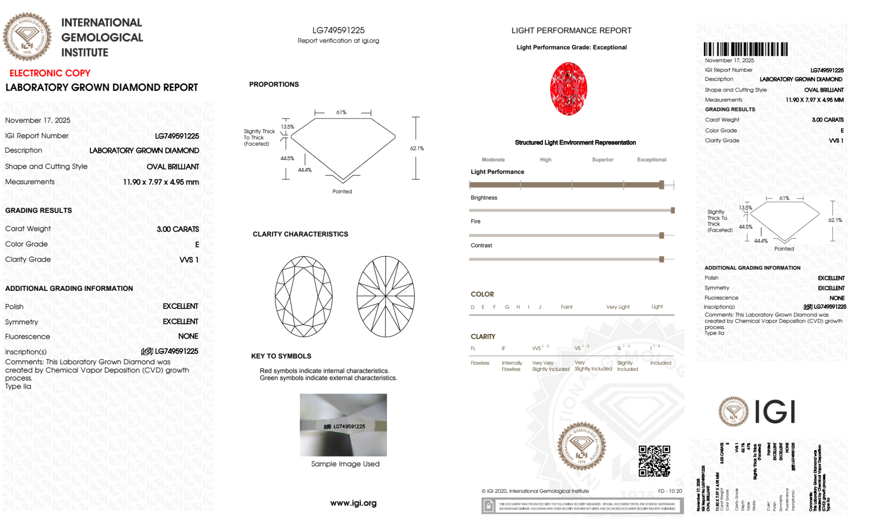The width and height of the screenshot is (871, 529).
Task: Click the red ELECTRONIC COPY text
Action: click(50, 73)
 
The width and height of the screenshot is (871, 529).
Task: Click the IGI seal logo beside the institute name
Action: click(27, 37)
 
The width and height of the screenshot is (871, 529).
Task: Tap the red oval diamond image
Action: click(568, 89)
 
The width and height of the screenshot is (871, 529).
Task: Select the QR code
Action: click(654, 461)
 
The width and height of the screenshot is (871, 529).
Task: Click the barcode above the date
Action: click(745, 49)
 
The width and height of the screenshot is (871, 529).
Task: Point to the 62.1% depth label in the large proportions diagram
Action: click(417, 148)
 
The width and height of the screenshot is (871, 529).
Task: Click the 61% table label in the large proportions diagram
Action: click(341, 112)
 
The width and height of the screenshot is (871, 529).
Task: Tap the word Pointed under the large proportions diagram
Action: click(342, 192)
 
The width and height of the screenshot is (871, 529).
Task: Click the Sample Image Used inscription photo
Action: click(343, 425)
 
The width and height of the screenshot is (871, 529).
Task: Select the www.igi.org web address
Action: click(353, 503)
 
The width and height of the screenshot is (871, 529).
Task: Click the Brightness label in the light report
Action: click(484, 198)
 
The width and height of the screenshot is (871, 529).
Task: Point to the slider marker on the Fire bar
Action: click(661, 236)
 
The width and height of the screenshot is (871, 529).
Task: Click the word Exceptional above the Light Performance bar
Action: click(651, 160)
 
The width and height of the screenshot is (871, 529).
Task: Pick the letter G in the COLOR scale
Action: click(507, 307)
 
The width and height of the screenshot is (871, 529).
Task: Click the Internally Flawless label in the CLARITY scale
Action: click(511, 366)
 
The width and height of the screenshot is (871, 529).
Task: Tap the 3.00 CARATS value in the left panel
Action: click(178, 229)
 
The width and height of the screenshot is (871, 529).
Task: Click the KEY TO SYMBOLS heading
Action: click(281, 356)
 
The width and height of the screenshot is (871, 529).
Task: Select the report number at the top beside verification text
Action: click(338, 30)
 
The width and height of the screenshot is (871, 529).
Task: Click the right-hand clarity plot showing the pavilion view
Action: click(386, 297)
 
